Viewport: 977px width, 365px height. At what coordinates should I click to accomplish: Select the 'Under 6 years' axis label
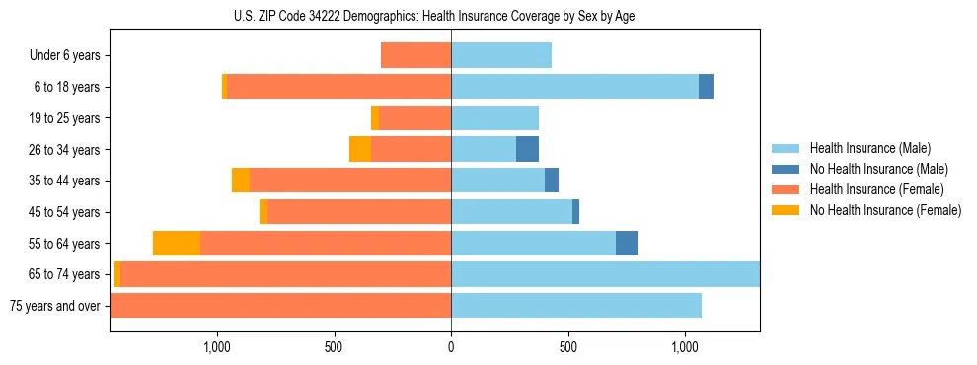click(x=64, y=56)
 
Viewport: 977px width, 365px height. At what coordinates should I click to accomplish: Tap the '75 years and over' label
click(x=54, y=306)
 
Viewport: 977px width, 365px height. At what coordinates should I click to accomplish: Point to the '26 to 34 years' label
click(x=64, y=150)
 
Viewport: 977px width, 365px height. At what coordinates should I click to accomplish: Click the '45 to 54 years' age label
click(x=64, y=212)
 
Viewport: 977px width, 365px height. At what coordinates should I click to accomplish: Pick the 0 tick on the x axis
click(x=451, y=347)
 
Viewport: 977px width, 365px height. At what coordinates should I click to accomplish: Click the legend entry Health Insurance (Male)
click(x=869, y=148)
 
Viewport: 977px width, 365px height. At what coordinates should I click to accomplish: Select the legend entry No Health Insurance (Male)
click(x=878, y=169)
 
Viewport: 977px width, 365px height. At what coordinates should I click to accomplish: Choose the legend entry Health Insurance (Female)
click(x=876, y=189)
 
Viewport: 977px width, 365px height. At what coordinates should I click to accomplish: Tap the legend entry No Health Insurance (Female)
click(x=885, y=210)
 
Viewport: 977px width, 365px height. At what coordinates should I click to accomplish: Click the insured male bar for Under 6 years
click(x=501, y=56)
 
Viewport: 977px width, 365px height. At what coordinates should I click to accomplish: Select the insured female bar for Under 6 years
click(x=416, y=56)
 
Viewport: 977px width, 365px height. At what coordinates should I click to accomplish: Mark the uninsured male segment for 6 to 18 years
click(x=706, y=87)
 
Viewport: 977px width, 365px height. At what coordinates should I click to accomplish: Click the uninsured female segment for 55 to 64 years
click(x=177, y=244)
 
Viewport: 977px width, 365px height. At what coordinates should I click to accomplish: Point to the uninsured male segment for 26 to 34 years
click(x=527, y=150)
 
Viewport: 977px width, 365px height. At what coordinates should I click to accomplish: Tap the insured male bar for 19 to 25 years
click(x=494, y=118)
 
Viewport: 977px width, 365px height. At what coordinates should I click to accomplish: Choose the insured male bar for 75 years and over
click(x=576, y=306)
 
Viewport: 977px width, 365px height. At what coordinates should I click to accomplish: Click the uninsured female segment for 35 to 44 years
click(x=241, y=181)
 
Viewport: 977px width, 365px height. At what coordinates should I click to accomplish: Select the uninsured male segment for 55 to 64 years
click(x=627, y=244)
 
